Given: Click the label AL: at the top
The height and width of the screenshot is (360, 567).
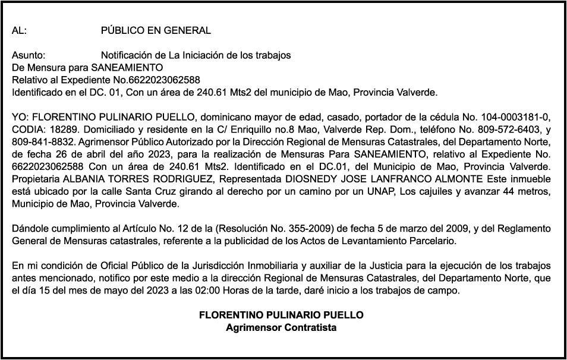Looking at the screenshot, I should pos(19,31).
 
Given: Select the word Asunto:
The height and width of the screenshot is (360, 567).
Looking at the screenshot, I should pos(29,55).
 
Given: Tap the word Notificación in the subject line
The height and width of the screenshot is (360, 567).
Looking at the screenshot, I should pos(126,55).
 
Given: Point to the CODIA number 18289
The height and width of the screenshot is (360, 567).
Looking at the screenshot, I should pos(56,129).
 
